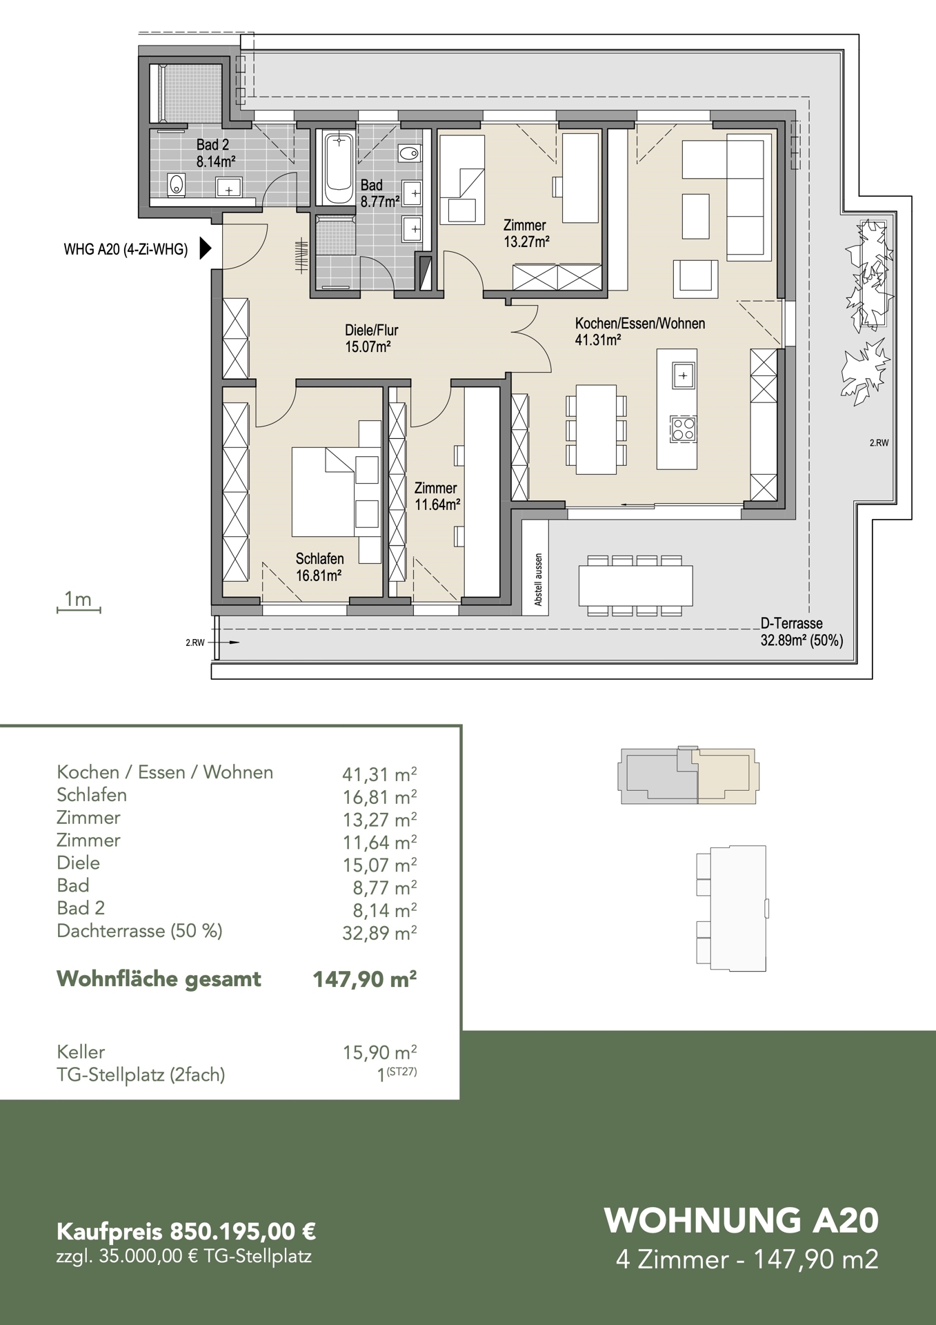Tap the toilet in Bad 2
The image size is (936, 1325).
coord(177,185)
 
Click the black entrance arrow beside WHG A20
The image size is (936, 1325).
coord(205,248)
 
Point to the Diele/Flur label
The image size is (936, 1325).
coord(371,338)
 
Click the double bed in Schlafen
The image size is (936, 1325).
coord(336,491)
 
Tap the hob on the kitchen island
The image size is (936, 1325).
coord(684,429)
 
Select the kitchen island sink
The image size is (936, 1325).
coord(683,375)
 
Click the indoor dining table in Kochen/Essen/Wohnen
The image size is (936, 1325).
coord(596,430)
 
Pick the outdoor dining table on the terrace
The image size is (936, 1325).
coord(635,586)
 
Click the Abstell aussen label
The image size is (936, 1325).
coord(539,580)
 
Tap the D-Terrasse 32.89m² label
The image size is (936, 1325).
coord(801,633)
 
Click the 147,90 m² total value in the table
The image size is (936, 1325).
coord(365,979)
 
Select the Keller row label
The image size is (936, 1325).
coord(81,1052)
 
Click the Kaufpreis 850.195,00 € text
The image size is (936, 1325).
coord(186,1231)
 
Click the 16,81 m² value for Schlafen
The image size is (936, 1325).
coord(379,797)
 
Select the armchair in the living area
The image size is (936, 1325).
coord(696,276)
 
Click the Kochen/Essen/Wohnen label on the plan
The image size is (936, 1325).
coord(640,331)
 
